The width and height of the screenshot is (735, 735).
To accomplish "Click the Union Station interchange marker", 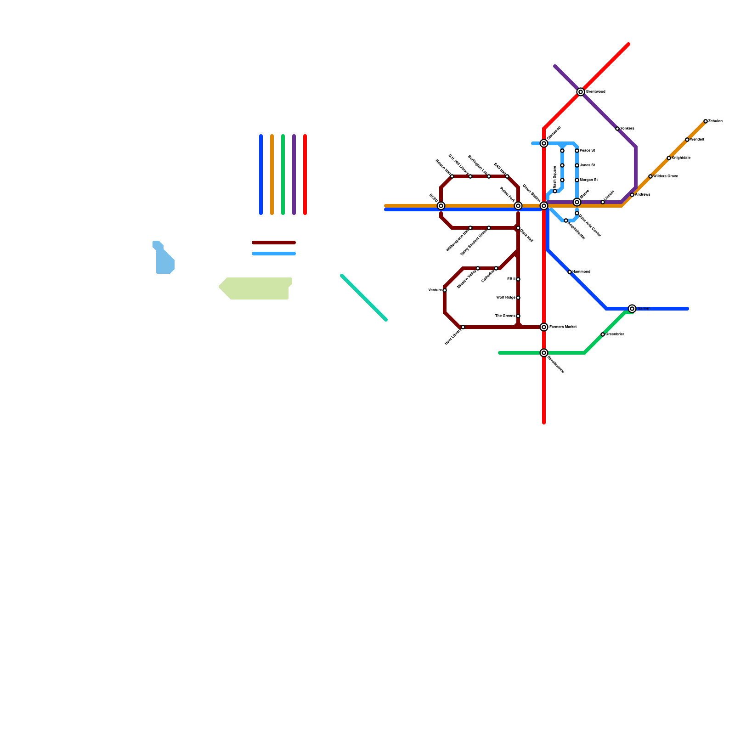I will (x=544, y=206).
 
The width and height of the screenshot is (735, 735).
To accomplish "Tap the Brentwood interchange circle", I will (x=581, y=92).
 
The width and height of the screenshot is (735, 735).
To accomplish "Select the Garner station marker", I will (x=632, y=309).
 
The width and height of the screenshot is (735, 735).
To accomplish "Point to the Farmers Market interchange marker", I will (x=544, y=327).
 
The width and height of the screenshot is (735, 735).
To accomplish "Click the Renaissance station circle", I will (x=544, y=353).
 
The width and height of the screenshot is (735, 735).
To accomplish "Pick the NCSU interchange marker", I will (x=441, y=206).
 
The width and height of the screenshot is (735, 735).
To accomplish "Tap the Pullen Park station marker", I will (x=518, y=206).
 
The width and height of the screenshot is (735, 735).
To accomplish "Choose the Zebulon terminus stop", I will (x=706, y=121).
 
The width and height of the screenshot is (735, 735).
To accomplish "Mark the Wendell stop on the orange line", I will (x=687, y=140).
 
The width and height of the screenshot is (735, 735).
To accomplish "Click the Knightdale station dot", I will (x=669, y=158).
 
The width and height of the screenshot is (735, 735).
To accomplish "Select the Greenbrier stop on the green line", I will (x=603, y=334).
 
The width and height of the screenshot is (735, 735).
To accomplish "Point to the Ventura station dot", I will (x=445, y=290).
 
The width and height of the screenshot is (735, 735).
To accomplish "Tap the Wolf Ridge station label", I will (x=506, y=298).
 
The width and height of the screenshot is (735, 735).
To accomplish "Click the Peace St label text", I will (x=588, y=151).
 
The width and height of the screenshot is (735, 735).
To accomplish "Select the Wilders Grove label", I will (x=666, y=176).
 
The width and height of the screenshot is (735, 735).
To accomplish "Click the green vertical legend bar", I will (x=283, y=175).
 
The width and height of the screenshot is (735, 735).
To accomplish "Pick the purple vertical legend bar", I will (x=294, y=175).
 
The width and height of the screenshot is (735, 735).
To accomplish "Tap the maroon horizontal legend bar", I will (x=274, y=243).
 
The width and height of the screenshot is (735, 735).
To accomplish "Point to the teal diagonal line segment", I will (x=364, y=298).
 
